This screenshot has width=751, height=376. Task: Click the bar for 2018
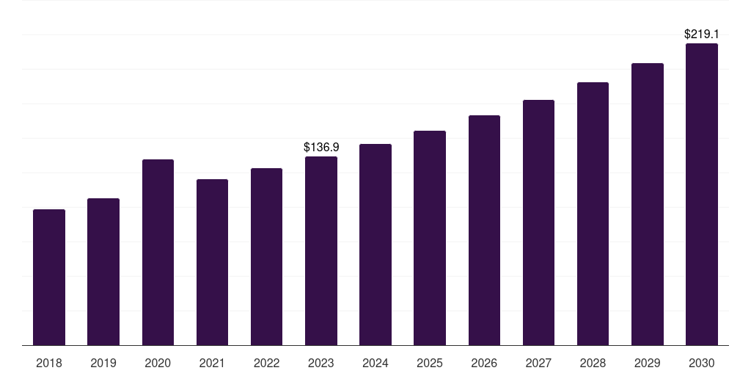click(x=49, y=277)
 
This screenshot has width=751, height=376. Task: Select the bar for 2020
click(x=158, y=253)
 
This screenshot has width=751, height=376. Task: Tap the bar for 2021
click(x=212, y=262)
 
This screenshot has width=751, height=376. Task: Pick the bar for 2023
click(x=321, y=251)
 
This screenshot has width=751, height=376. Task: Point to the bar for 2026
click(x=484, y=230)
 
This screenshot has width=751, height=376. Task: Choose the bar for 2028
click(x=593, y=214)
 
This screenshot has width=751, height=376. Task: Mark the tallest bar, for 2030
click(x=702, y=194)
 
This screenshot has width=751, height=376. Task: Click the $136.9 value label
click(x=321, y=147)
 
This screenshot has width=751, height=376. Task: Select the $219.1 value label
click(x=702, y=34)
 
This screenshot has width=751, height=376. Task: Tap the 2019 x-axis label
click(x=103, y=364)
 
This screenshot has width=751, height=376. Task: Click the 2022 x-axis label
click(x=266, y=364)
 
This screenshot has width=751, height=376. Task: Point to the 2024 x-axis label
click(x=375, y=364)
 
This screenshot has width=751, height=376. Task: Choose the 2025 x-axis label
click(x=430, y=364)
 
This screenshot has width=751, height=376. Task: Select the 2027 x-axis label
click(x=538, y=364)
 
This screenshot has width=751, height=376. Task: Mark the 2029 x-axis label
click(x=647, y=364)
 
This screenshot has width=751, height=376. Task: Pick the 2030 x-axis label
click(x=702, y=364)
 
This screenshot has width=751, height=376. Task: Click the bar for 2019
click(x=103, y=272)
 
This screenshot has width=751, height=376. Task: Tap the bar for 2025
click(x=430, y=238)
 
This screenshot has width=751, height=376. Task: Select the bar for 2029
click(x=648, y=204)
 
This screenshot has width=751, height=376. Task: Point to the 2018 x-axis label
click(x=49, y=364)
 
